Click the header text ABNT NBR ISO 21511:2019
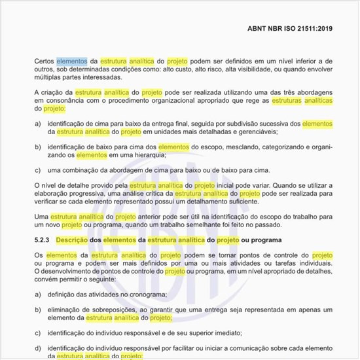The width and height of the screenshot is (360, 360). point(290,29)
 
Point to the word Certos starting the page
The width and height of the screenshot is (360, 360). point(45,61)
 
